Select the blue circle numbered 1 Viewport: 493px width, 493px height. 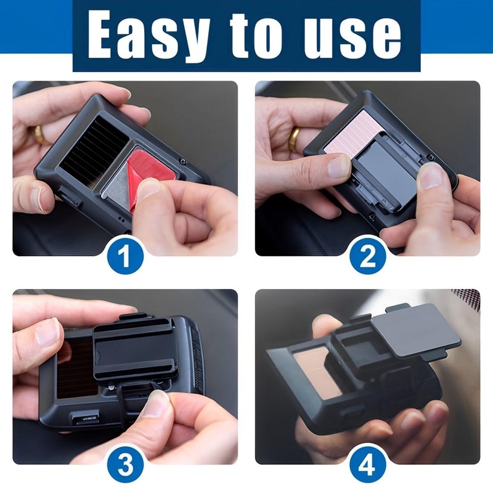pos(124,255)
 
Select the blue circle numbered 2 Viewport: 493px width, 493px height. pos(367,255)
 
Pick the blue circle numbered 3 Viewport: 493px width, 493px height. pos(124,463)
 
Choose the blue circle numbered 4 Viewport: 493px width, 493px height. pos(367,463)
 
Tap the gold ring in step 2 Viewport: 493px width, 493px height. pos(295,139)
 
